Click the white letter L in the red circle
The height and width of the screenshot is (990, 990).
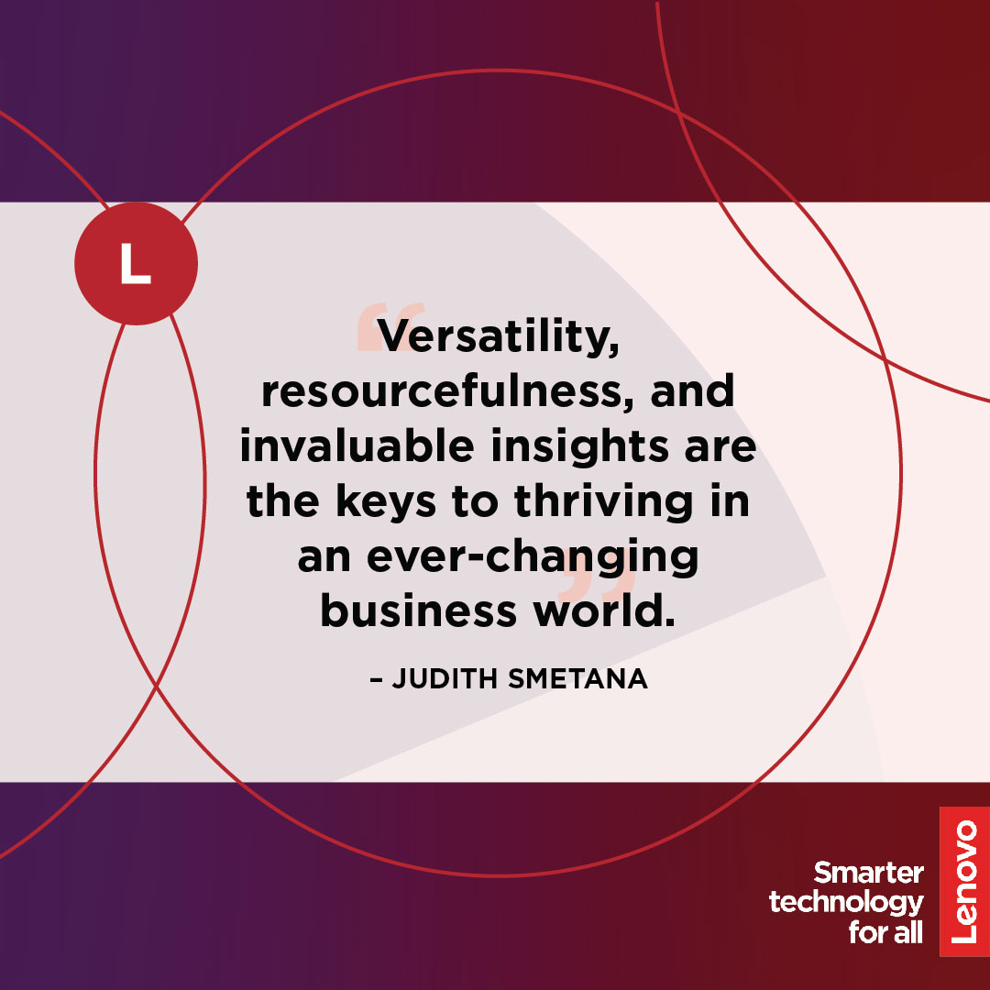(x=136, y=263)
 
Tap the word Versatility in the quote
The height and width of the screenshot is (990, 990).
(x=498, y=336)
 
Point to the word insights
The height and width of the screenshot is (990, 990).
(x=579, y=447)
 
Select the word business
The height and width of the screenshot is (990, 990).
(x=418, y=611)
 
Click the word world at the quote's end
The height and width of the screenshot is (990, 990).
(x=604, y=611)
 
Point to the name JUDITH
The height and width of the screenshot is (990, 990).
(x=445, y=678)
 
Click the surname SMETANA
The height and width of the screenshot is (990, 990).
(x=577, y=678)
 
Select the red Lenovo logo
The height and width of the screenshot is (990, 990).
(x=964, y=882)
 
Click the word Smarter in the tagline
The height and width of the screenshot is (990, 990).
(x=869, y=874)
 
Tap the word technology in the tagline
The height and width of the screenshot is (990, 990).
(x=846, y=903)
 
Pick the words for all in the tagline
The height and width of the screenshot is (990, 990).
(x=885, y=932)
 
